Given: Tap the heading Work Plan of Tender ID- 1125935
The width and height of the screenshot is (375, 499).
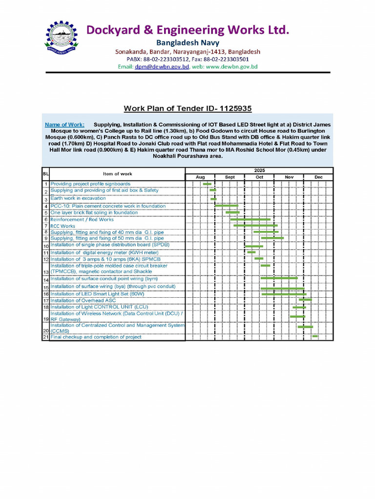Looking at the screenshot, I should pos(187,108).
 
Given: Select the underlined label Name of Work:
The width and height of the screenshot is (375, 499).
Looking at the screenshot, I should pos(64,125).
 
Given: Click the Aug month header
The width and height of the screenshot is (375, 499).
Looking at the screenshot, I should pos(200,177).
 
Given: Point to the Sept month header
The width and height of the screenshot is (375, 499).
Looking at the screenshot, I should pos(229,177).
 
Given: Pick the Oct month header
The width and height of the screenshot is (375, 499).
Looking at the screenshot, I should pos(259,177).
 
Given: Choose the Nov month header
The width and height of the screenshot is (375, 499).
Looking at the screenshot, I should pos(289,177).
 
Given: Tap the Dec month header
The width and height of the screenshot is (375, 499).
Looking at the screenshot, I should pos(318,177).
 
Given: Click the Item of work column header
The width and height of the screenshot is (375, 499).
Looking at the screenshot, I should pos(117,173).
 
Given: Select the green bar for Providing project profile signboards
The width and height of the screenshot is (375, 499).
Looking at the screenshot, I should pos(207,184).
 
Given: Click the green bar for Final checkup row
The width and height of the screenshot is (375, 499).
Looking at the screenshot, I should pos(315,336).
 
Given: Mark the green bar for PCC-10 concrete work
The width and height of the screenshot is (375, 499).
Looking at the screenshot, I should pos(226,206).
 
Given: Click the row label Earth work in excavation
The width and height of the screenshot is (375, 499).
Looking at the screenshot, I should pos(78,199).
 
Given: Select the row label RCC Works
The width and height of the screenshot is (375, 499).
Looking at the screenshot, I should pos(63,226).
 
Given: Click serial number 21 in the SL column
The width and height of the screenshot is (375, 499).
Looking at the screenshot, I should pos(45,337).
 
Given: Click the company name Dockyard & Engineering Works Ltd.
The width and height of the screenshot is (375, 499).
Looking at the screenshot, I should pos(187,30).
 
